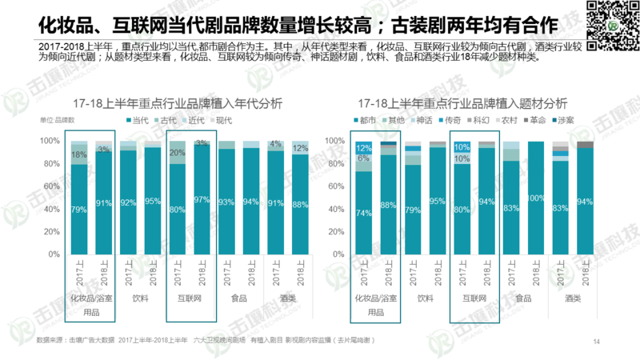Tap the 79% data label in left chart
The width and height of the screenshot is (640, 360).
(78, 210)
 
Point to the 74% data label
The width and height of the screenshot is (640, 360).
(365, 214)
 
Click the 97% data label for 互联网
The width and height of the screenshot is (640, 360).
(202, 200)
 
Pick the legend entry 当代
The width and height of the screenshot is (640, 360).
(134, 120)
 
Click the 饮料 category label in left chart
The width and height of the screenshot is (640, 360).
(141, 298)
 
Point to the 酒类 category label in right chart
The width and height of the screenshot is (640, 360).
(573, 298)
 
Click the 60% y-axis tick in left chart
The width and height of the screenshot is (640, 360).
(50, 186)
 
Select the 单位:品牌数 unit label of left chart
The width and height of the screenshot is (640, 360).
(56, 120)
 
